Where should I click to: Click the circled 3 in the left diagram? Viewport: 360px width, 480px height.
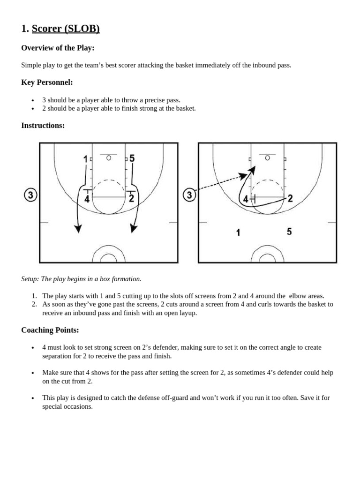click(x=30, y=195)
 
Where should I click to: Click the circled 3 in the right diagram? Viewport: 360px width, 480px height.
click(x=189, y=195)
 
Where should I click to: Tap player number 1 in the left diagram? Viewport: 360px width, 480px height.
click(x=85, y=159)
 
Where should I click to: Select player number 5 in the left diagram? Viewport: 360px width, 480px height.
click(x=132, y=158)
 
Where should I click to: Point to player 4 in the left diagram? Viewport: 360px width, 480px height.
click(x=87, y=199)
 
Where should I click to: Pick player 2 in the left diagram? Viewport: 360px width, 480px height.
click(x=131, y=198)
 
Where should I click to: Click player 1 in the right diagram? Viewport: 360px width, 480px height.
click(x=239, y=232)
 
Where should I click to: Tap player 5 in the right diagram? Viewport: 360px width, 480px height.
click(x=289, y=232)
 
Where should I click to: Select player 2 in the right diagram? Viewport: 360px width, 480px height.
click(x=290, y=198)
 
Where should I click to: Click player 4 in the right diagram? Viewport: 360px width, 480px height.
click(x=246, y=199)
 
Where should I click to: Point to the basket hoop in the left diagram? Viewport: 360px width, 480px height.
click(x=109, y=158)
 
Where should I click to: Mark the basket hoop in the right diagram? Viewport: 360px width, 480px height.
click(x=268, y=158)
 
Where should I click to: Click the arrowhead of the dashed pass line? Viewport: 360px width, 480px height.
click(x=243, y=176)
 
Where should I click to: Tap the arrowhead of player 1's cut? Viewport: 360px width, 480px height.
click(x=78, y=228)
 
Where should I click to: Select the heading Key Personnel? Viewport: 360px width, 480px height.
click(x=47, y=82)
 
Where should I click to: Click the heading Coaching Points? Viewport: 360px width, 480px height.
click(x=50, y=330)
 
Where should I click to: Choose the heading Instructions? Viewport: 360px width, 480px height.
click(x=43, y=125)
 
